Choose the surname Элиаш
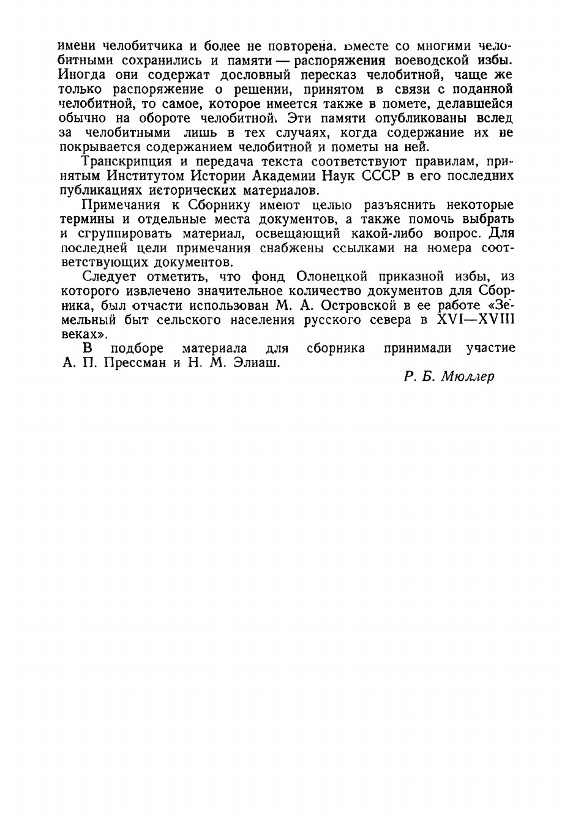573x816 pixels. [x=254, y=362]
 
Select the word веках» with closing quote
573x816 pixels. [x=84, y=334]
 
